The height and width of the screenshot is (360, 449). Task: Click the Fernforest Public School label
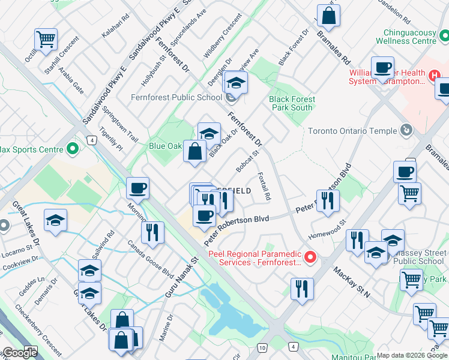(x=176, y=97)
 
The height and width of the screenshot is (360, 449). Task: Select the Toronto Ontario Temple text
(x=352, y=131)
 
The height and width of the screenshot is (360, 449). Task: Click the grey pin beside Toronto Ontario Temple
(x=406, y=130)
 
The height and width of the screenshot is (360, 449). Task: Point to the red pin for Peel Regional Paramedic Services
(x=310, y=258)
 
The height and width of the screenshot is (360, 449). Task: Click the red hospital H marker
(x=436, y=76)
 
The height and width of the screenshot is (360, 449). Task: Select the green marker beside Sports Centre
(x=73, y=148)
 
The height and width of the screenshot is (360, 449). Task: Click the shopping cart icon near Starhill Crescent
(x=46, y=39)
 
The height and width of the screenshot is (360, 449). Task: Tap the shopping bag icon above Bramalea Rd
(x=328, y=15)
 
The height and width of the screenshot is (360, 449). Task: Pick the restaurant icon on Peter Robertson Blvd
(x=328, y=200)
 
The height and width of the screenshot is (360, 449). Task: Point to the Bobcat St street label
(x=247, y=159)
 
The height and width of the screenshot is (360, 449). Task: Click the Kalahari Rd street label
(x=116, y=27)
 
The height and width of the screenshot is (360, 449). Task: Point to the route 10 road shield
(x=262, y=347)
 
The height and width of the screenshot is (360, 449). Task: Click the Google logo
(x=19, y=353)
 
